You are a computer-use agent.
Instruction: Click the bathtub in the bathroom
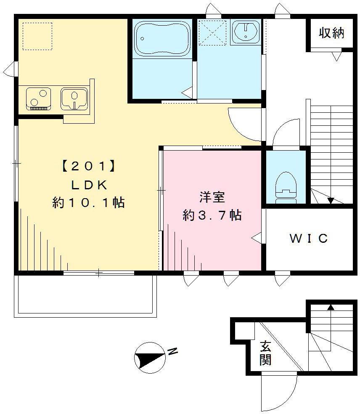162,38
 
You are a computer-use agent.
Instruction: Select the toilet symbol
286,185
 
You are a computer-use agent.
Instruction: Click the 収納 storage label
331,33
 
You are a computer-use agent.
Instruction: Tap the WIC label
309,239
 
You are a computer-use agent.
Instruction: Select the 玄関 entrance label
265,353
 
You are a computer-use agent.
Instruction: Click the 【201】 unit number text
88,167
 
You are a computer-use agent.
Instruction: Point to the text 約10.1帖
88,203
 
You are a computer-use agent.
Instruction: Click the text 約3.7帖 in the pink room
212,215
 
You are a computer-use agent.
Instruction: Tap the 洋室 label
212,197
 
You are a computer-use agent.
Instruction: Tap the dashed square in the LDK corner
37,36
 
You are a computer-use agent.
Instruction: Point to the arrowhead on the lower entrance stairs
331,307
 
